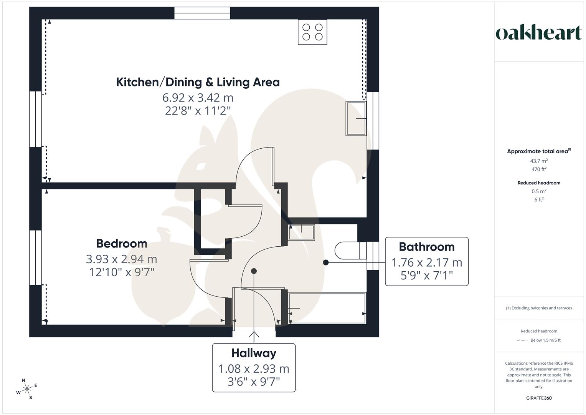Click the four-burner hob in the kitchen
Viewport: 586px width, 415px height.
tap(312, 32)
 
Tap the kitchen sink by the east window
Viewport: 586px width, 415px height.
tap(356, 118)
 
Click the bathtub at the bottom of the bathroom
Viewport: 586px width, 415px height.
tap(327, 308)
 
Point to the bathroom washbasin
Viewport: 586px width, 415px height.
tap(301, 232)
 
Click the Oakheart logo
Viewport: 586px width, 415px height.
tap(539, 33)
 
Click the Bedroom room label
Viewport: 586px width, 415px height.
tap(122, 244)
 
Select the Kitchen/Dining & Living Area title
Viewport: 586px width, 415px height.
tap(198, 82)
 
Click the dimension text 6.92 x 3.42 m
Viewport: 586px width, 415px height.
tap(198, 98)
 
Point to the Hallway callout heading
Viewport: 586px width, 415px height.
tap(254, 353)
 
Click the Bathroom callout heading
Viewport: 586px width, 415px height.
tap(426, 247)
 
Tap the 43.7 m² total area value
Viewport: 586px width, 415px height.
tap(539, 161)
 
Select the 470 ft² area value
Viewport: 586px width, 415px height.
tap(539, 169)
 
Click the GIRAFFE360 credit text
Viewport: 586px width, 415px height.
tap(539, 398)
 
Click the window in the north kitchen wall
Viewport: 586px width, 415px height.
tap(202, 13)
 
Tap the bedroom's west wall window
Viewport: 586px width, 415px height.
tap(35, 257)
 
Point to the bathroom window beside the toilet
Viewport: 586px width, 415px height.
tap(373, 256)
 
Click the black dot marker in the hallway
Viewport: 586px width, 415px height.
tap(254, 271)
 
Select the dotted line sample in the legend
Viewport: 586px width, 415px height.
tap(522, 340)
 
